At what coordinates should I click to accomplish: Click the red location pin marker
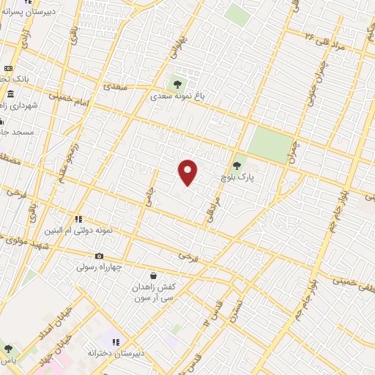[188, 171]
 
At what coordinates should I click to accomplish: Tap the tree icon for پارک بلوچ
[236, 166]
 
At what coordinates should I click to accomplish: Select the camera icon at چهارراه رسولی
[99, 256]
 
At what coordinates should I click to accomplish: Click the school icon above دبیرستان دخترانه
[116, 342]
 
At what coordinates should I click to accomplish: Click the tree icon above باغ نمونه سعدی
[175, 82]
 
